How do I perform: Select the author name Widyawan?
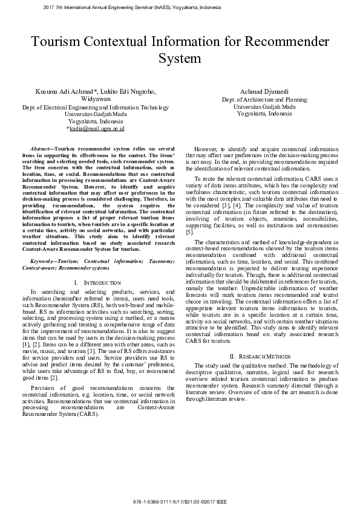[96, 99]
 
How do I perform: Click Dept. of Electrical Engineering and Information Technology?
[96, 107]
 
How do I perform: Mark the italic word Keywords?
[42, 261]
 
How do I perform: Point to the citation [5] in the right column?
[189, 232]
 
